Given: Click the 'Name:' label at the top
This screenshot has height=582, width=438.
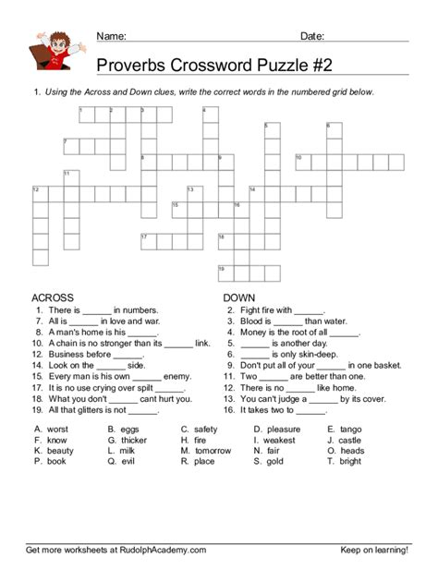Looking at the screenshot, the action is (x=111, y=36).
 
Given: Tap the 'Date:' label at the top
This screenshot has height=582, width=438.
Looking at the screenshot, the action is (x=312, y=36).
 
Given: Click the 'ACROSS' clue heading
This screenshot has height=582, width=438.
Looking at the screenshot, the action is (x=53, y=297).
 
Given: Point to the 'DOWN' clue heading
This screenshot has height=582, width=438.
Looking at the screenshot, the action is (x=239, y=297).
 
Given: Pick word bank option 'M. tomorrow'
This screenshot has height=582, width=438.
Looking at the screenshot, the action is (x=206, y=451).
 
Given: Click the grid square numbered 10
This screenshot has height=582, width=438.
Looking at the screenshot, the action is (x=302, y=162).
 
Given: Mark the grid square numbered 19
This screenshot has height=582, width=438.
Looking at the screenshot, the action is (x=225, y=273).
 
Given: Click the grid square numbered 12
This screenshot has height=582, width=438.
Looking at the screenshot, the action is (x=41, y=193).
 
